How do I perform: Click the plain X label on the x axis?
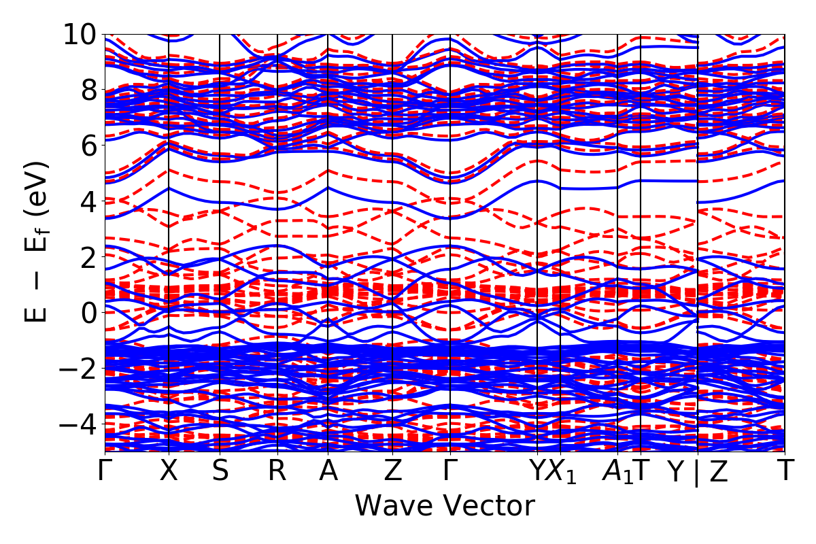point(169,471)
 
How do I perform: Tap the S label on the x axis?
point(220,471)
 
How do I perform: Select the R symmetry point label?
point(277,471)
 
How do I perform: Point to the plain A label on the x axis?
point(328,471)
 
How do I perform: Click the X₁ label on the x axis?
point(562,473)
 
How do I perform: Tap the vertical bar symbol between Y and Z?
point(696,473)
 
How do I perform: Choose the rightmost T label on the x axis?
point(785,471)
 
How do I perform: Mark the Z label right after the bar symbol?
point(718,471)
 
